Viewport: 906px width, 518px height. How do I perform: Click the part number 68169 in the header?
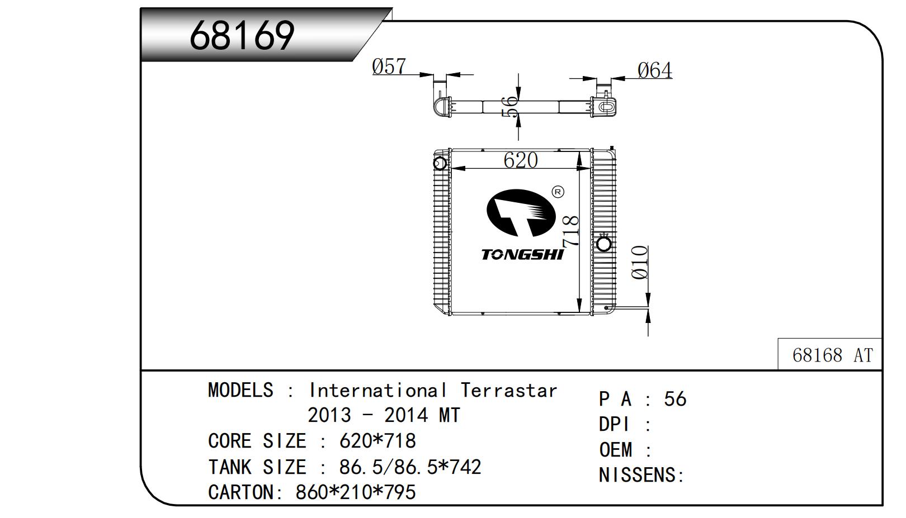point(242,36)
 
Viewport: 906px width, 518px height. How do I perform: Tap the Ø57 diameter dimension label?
point(389,66)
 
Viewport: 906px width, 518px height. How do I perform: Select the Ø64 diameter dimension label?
point(655,70)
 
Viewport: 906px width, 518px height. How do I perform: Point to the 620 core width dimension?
point(521,160)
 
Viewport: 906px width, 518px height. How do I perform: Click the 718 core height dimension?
point(570,231)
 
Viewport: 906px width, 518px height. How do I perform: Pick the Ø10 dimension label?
point(639,262)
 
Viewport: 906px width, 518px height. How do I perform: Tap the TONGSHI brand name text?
point(522,255)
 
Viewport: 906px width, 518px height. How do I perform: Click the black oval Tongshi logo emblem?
point(521,212)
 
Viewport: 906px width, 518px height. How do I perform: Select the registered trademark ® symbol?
point(558,192)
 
